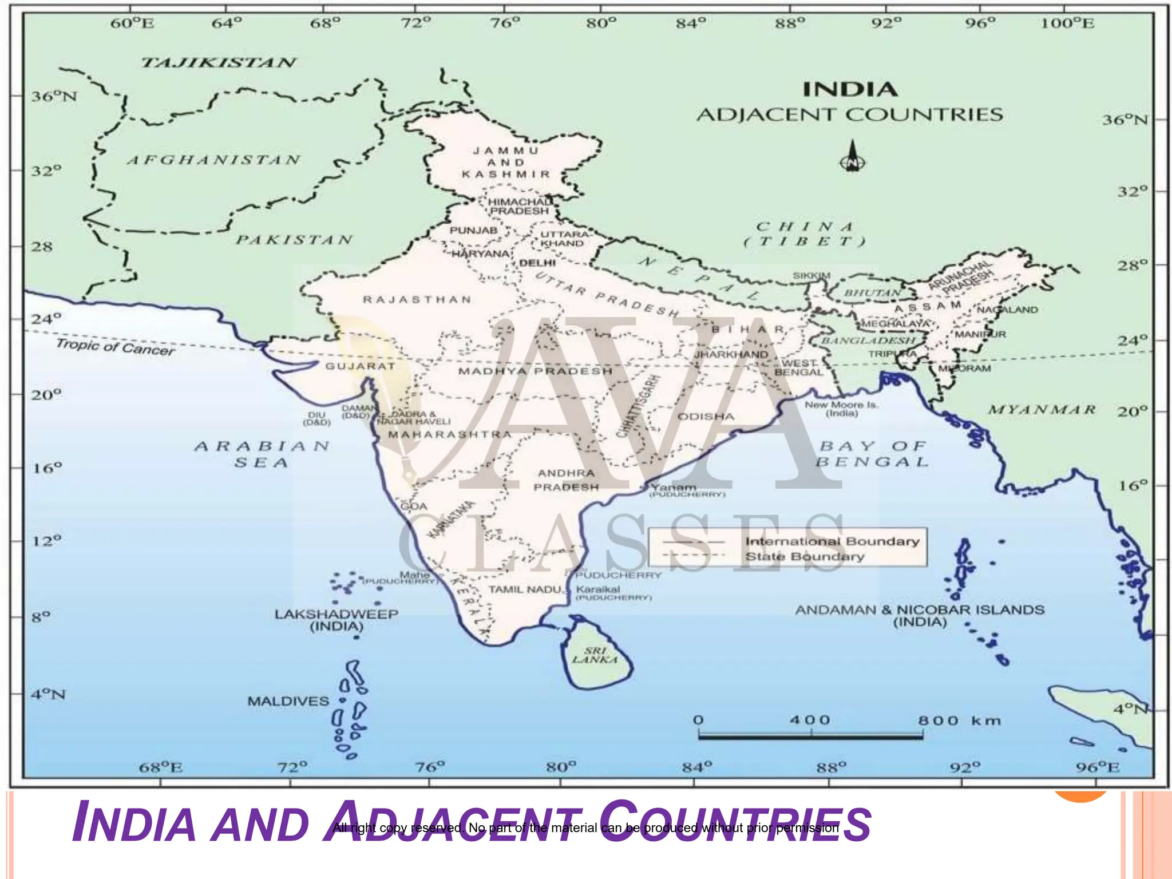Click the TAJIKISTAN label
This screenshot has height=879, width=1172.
219,62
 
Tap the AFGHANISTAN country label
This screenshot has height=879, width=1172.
213,160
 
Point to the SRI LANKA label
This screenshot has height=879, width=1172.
595,655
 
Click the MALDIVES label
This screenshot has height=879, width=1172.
288,701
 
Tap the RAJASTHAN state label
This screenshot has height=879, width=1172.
417,299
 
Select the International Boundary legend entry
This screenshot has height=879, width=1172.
832,541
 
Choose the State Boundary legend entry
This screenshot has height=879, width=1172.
804,557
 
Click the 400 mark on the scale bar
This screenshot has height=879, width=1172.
810,720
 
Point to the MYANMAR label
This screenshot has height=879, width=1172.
1042,410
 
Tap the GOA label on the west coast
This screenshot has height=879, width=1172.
413,506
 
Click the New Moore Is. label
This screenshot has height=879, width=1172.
841,409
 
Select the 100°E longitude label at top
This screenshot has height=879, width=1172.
1067,23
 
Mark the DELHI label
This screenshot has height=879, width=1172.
537,263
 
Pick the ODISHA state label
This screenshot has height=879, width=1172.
706,416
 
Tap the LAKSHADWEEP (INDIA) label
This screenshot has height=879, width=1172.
336,620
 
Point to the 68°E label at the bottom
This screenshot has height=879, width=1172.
161,767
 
